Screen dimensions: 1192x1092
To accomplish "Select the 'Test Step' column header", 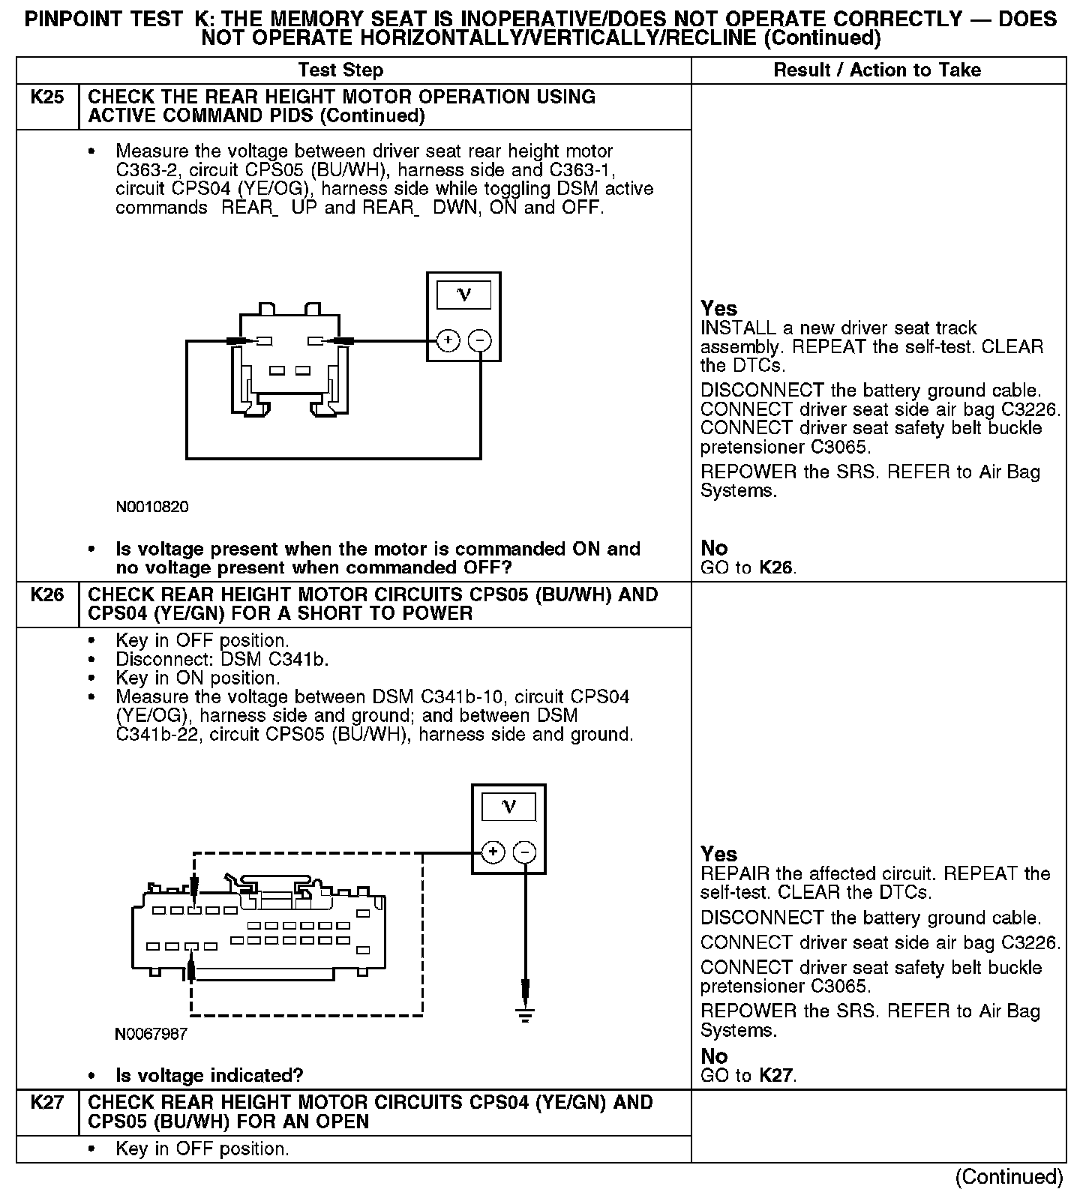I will pyautogui.click(x=340, y=70).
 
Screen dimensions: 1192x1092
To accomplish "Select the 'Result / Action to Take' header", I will pyautogui.click(x=877, y=70).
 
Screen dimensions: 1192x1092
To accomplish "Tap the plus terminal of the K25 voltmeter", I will pyautogui.click(x=448, y=341).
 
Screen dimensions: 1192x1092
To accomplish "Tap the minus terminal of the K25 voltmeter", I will pyautogui.click(x=480, y=341).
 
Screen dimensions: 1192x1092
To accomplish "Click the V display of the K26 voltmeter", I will pyautogui.click(x=508, y=807).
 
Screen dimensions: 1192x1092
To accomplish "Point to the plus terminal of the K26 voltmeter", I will pyautogui.click(x=493, y=852).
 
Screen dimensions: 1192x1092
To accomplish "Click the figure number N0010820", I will pyautogui.click(x=152, y=507).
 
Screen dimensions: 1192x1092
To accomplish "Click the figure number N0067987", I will pyautogui.click(x=151, y=1034).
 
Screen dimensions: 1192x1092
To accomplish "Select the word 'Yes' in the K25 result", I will pyautogui.click(x=718, y=308).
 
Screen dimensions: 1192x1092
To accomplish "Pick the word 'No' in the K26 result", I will pyautogui.click(x=714, y=1056).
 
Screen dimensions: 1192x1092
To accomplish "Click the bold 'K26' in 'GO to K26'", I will pyautogui.click(x=775, y=568).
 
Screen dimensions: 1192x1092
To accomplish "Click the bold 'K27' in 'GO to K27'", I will pyautogui.click(x=775, y=1076).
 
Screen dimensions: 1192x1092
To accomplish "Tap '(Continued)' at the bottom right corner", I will pyautogui.click(x=1009, y=1177).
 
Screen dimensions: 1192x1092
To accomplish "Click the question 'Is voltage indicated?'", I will pyautogui.click(x=209, y=1076).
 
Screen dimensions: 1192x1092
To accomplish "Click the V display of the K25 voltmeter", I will pyautogui.click(x=463, y=294).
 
